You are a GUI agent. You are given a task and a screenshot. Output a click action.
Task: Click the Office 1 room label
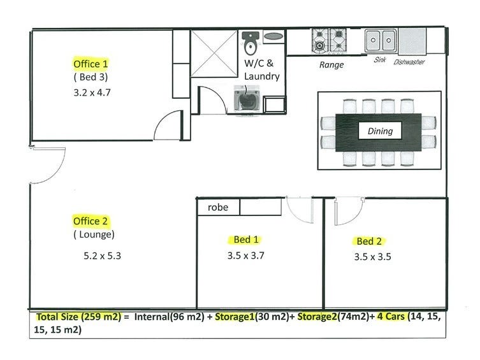click(x=91, y=64)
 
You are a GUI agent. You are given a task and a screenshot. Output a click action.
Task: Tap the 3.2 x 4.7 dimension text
click(x=91, y=91)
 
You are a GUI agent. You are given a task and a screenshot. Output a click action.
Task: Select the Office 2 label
click(x=91, y=221)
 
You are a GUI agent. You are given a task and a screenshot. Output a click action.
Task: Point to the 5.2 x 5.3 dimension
click(x=103, y=257)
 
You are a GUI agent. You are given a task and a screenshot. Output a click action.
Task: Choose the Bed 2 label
click(x=369, y=241)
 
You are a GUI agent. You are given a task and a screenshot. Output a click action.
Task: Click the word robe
click(x=218, y=208)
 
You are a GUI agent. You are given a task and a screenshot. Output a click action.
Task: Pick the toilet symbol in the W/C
click(x=250, y=43)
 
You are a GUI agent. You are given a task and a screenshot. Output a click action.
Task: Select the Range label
click(x=331, y=65)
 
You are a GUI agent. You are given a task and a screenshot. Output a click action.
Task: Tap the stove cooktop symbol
click(x=328, y=41)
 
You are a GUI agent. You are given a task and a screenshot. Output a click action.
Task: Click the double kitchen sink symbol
click(x=381, y=41)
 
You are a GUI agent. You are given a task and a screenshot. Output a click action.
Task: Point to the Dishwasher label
click(x=409, y=62)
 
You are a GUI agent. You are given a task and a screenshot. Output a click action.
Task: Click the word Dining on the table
click(x=380, y=132)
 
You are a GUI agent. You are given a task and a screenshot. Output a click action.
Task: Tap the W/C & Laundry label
click(x=262, y=70)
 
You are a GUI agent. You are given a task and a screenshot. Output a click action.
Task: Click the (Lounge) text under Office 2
click(x=93, y=234)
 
